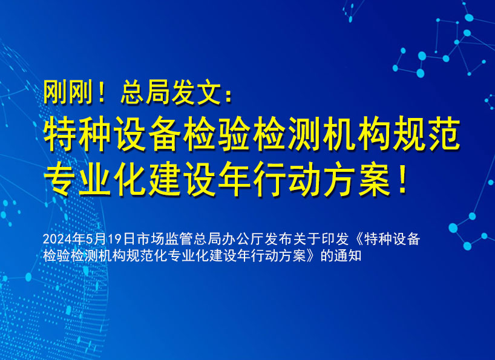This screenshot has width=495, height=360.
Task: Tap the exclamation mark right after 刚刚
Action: [100, 93]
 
